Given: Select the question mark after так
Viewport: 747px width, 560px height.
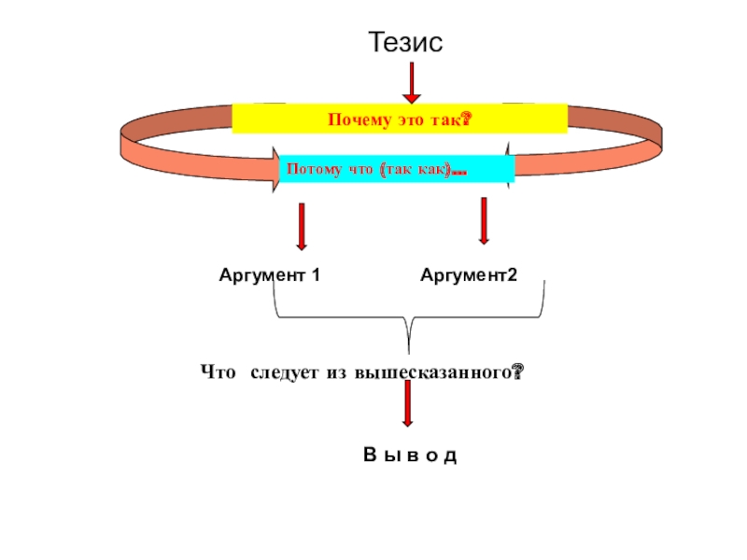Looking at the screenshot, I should [464, 120].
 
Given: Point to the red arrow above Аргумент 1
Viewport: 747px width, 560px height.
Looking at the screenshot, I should [302, 227].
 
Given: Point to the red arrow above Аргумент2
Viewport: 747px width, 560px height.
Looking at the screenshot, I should [483, 221].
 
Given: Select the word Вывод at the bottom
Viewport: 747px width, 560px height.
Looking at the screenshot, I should [410, 455].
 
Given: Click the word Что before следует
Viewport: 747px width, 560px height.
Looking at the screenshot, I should [218, 372].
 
